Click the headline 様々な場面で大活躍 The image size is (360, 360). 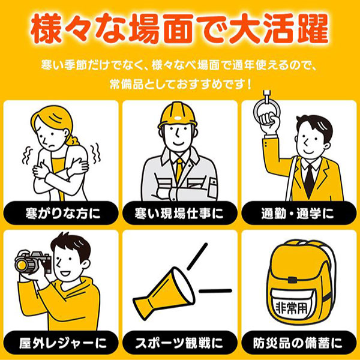(180, 29)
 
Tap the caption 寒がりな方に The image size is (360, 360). (63, 213)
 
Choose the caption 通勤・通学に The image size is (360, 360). (298, 213)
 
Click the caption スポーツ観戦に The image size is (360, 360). (179, 343)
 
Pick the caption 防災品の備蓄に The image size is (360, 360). (298, 343)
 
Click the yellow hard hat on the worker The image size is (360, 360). (178, 115)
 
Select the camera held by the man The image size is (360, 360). (33, 262)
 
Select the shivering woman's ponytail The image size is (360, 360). (73, 140)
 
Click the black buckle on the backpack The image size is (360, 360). (292, 280)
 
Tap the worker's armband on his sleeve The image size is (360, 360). (212, 187)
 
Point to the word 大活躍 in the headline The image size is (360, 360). (279, 29)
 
